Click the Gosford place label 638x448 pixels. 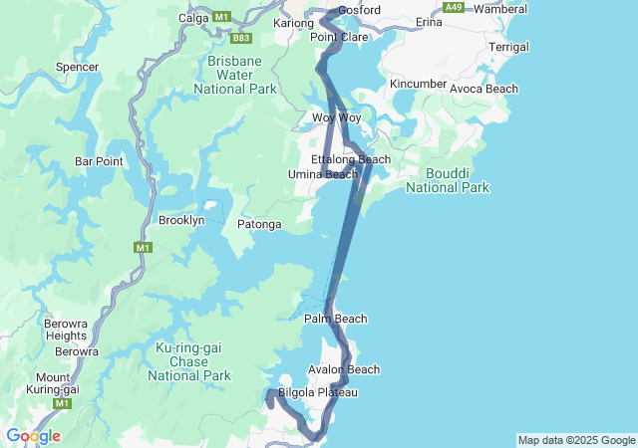click(x=359, y=10)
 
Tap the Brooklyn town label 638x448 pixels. click(x=181, y=220)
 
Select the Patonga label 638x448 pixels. click(x=259, y=226)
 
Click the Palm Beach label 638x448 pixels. click(x=335, y=319)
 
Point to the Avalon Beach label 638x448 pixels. click(x=344, y=369)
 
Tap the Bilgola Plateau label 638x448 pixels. click(x=317, y=392)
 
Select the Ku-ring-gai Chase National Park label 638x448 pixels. click(x=189, y=361)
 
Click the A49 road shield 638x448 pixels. click(x=455, y=7)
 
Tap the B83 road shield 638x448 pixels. click(x=240, y=39)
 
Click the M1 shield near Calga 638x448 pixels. click(x=221, y=17)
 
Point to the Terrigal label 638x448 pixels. click(x=509, y=47)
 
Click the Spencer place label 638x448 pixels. click(x=78, y=67)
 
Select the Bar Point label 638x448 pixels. click(x=99, y=160)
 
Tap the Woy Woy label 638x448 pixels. click(x=336, y=117)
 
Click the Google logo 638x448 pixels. click(x=33, y=436)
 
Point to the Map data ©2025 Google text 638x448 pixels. click(x=576, y=440)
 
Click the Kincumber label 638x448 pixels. click(x=419, y=83)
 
